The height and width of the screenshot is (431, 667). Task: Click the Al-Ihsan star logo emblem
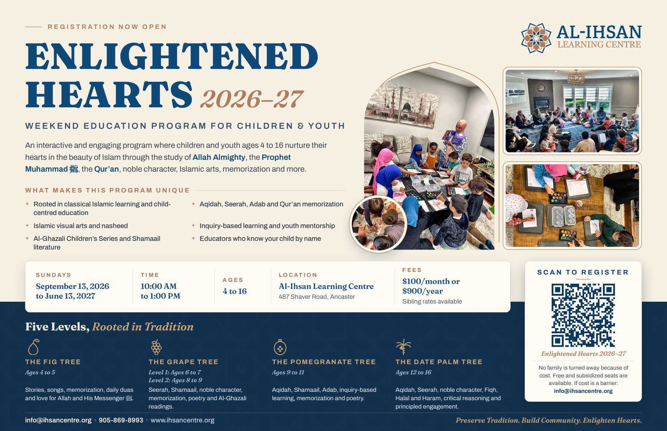[x=536, y=38]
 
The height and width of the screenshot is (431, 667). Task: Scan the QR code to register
[x=583, y=315]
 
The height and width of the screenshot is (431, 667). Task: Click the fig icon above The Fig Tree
[x=34, y=347]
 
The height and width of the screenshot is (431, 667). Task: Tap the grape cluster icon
[x=156, y=347]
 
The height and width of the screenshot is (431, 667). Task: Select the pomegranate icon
[x=280, y=347]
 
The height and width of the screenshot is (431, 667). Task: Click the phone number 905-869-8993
[x=121, y=420]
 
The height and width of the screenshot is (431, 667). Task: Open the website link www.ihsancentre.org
[x=182, y=420]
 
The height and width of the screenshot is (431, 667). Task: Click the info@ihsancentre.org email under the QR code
[x=583, y=391]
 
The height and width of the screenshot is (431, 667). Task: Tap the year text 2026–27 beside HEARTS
[x=252, y=99]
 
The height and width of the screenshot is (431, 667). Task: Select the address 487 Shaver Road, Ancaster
[x=317, y=297]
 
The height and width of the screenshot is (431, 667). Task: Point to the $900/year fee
[x=422, y=291]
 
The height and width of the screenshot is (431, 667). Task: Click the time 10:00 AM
[x=159, y=286]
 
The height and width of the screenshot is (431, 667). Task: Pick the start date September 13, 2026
[x=73, y=286]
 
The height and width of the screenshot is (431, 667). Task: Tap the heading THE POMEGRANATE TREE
[x=324, y=362]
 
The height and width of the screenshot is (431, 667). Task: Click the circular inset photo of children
[x=378, y=224]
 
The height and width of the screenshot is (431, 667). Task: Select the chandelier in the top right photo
[x=576, y=77]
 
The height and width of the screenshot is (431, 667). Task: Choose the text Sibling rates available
[x=432, y=301]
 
